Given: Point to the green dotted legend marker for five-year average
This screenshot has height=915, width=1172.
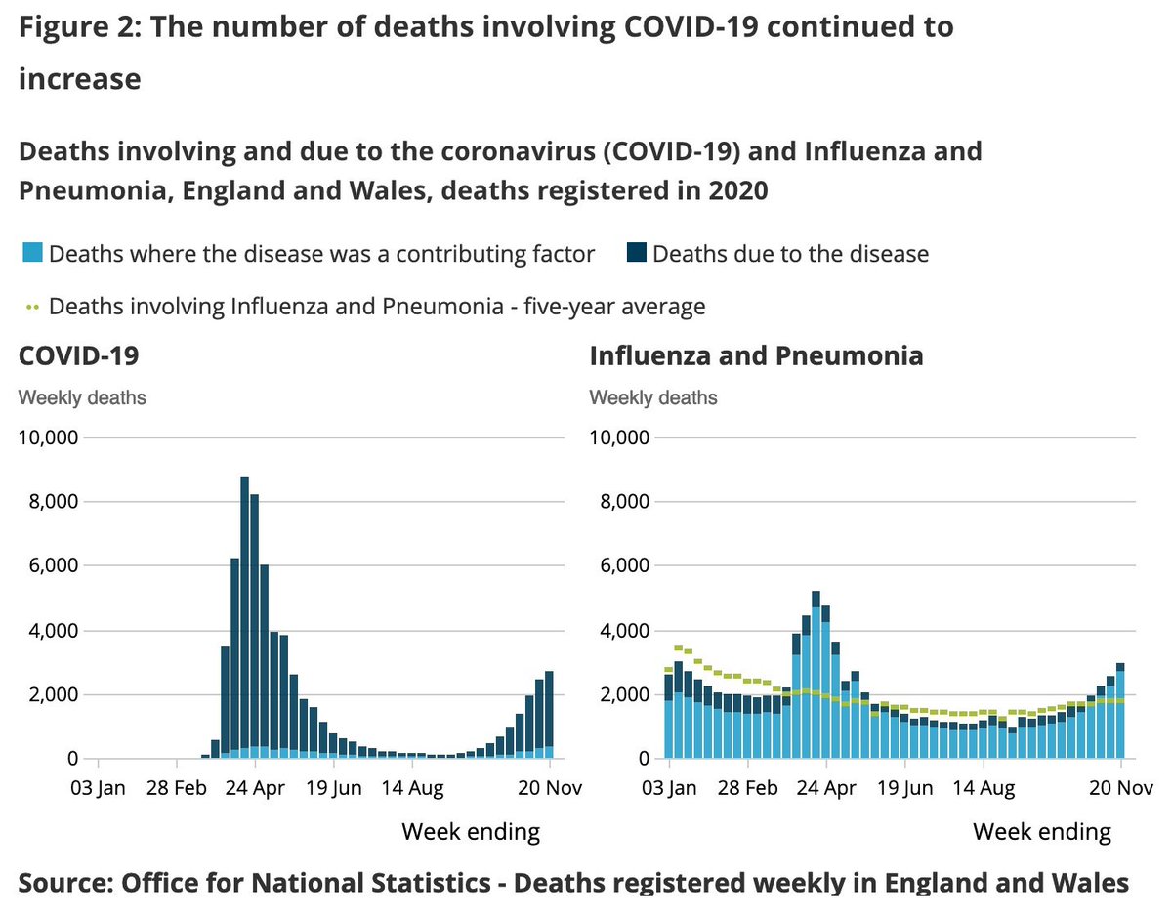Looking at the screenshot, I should pos(31,307).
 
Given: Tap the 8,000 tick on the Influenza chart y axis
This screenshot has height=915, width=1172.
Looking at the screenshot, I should pos(620,502).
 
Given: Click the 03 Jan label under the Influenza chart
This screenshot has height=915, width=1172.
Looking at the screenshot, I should pos(669,787).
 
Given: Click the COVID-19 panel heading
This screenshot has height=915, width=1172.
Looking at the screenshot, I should pos(78,355).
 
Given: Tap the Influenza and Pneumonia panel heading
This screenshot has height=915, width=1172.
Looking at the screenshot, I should pos(756,355).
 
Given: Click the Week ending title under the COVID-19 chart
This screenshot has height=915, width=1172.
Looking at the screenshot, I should pos(471,832).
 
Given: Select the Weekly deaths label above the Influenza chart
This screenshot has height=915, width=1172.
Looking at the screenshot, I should pos(652,397).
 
